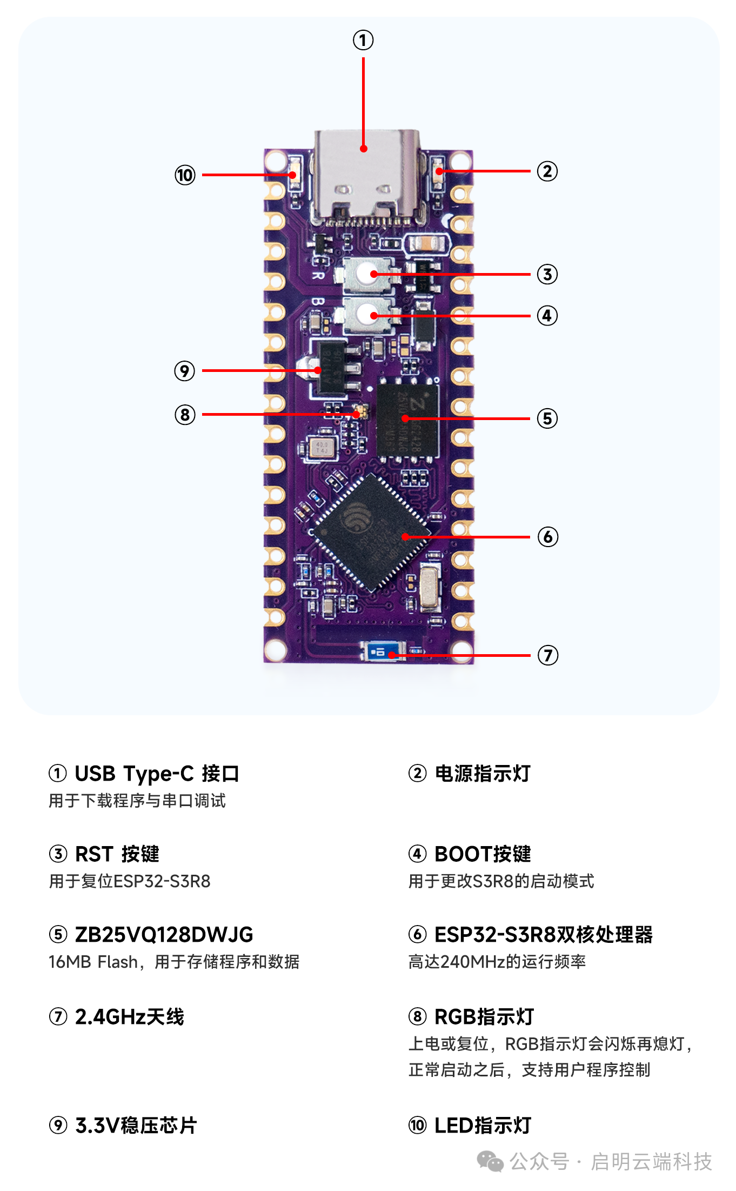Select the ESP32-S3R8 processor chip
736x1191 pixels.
click(x=372, y=533)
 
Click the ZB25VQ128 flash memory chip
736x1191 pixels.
click(x=407, y=420)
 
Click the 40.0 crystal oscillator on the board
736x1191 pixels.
click(x=322, y=447)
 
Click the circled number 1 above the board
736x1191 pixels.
click(x=363, y=40)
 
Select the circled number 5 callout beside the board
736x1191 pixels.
click(x=547, y=418)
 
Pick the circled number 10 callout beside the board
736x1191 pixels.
click(x=185, y=175)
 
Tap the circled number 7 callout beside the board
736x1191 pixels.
click(x=547, y=655)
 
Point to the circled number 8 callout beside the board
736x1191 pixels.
click(x=185, y=415)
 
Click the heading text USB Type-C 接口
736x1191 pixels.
click(x=157, y=774)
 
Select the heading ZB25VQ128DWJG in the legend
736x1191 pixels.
click(x=164, y=935)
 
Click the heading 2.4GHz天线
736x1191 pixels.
click(x=129, y=1017)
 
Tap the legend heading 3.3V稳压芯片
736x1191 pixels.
click(x=136, y=1126)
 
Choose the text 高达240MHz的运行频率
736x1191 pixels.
click(x=497, y=962)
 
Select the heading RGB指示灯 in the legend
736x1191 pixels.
click(x=484, y=1017)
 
